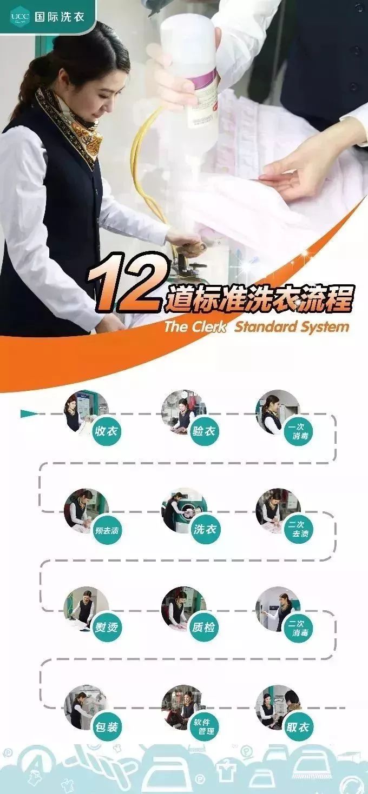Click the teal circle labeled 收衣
tap(106, 431)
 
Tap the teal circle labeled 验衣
tap(204, 431)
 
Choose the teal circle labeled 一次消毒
tap(300, 431)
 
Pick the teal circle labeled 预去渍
tap(106, 530)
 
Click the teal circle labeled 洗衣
tap(204, 529)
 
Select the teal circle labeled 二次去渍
tap(300, 529)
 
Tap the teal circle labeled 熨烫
tap(106, 628)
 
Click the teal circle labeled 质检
tap(204, 628)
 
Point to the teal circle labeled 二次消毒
tap(300, 628)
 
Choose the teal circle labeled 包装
tap(106, 726)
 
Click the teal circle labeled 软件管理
tap(204, 726)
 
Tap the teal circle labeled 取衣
tap(300, 726)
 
